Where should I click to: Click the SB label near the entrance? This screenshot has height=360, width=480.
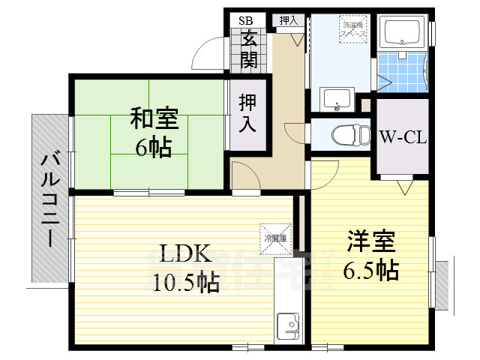point(246,20)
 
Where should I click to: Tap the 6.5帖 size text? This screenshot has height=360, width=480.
point(372,269)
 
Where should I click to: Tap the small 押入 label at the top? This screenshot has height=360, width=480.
point(288,20)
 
